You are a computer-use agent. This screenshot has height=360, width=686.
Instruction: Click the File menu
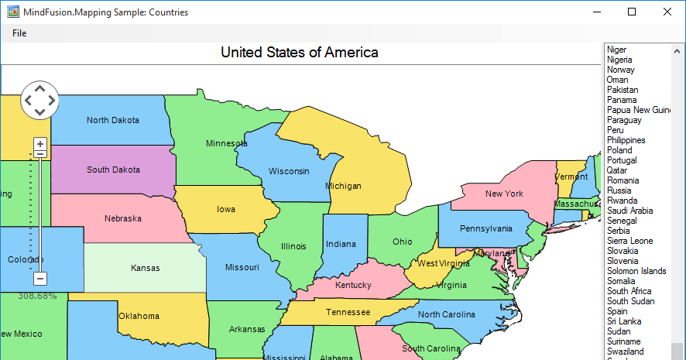(19, 33)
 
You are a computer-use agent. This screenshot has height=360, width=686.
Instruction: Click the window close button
(667, 12)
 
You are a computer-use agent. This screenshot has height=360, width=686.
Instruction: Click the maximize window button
(632, 12)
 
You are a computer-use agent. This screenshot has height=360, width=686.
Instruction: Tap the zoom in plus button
(40, 144)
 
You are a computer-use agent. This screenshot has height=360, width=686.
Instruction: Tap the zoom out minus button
(40, 278)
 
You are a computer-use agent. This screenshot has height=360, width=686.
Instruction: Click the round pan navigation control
(39, 100)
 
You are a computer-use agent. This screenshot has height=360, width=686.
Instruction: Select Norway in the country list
(621, 70)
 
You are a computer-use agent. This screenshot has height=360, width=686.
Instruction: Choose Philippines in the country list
(626, 140)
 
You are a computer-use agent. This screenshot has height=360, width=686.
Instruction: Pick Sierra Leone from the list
(629, 241)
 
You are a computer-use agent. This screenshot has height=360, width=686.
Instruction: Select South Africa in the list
(629, 291)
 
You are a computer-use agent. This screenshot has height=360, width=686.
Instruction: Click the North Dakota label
(113, 120)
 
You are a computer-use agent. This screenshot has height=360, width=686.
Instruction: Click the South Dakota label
(113, 170)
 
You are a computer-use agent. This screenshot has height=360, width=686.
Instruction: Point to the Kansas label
(146, 268)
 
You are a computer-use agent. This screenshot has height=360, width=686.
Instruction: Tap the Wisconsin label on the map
(289, 171)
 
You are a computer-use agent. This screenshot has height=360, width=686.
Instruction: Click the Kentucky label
(353, 285)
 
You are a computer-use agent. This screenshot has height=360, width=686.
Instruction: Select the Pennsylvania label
(485, 228)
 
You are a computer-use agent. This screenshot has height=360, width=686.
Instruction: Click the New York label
(504, 194)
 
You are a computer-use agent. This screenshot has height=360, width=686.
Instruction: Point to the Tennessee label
(348, 312)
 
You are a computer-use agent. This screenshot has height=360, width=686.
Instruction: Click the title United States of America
(300, 53)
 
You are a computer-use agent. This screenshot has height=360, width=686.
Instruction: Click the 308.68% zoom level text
(38, 296)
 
